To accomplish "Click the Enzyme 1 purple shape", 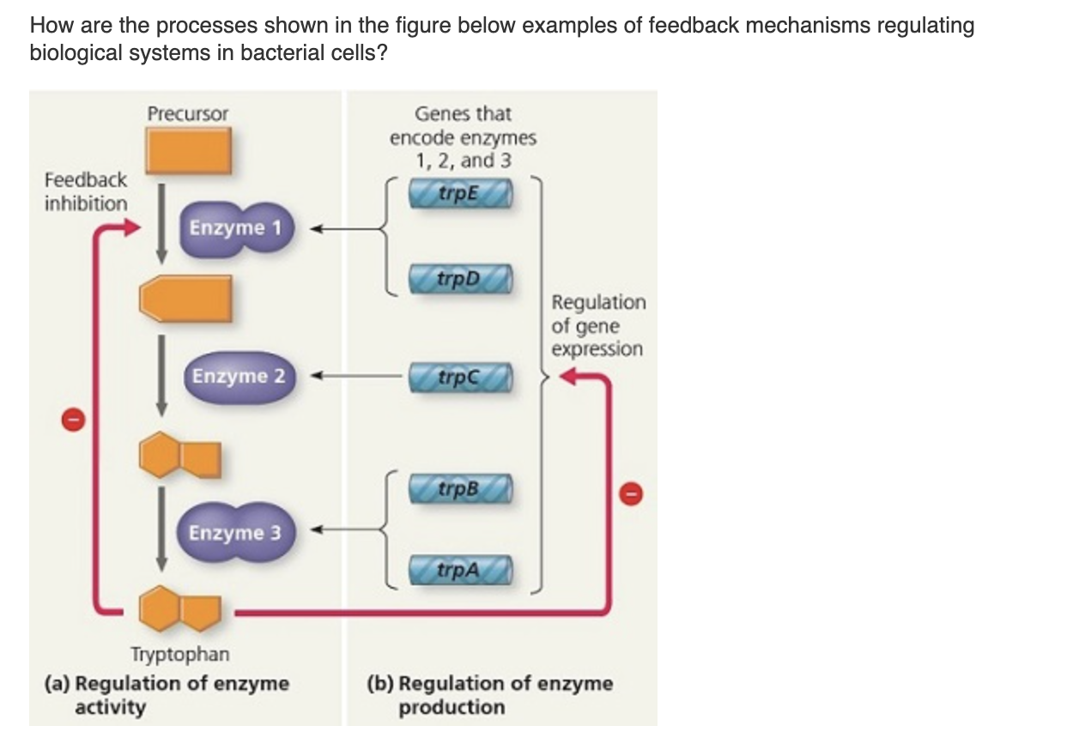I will pyautogui.click(x=237, y=229).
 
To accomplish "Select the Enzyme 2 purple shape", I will pyautogui.click(x=239, y=377).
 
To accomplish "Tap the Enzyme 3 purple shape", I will pyautogui.click(x=235, y=533).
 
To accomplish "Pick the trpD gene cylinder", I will pyautogui.click(x=462, y=280).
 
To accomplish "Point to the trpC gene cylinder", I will pyautogui.click(x=462, y=377).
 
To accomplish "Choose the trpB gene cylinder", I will pyautogui.click(x=462, y=488).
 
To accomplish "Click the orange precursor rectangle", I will pyautogui.click(x=187, y=151).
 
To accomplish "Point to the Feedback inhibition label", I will pyautogui.click(x=86, y=192).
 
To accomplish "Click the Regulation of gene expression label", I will pyautogui.click(x=597, y=326).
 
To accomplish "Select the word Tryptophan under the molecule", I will pyautogui.click(x=179, y=655).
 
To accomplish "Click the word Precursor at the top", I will pyautogui.click(x=188, y=113).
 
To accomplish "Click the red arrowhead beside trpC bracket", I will pyautogui.click(x=569, y=377).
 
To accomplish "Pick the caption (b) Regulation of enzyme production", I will pyautogui.click(x=489, y=695).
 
